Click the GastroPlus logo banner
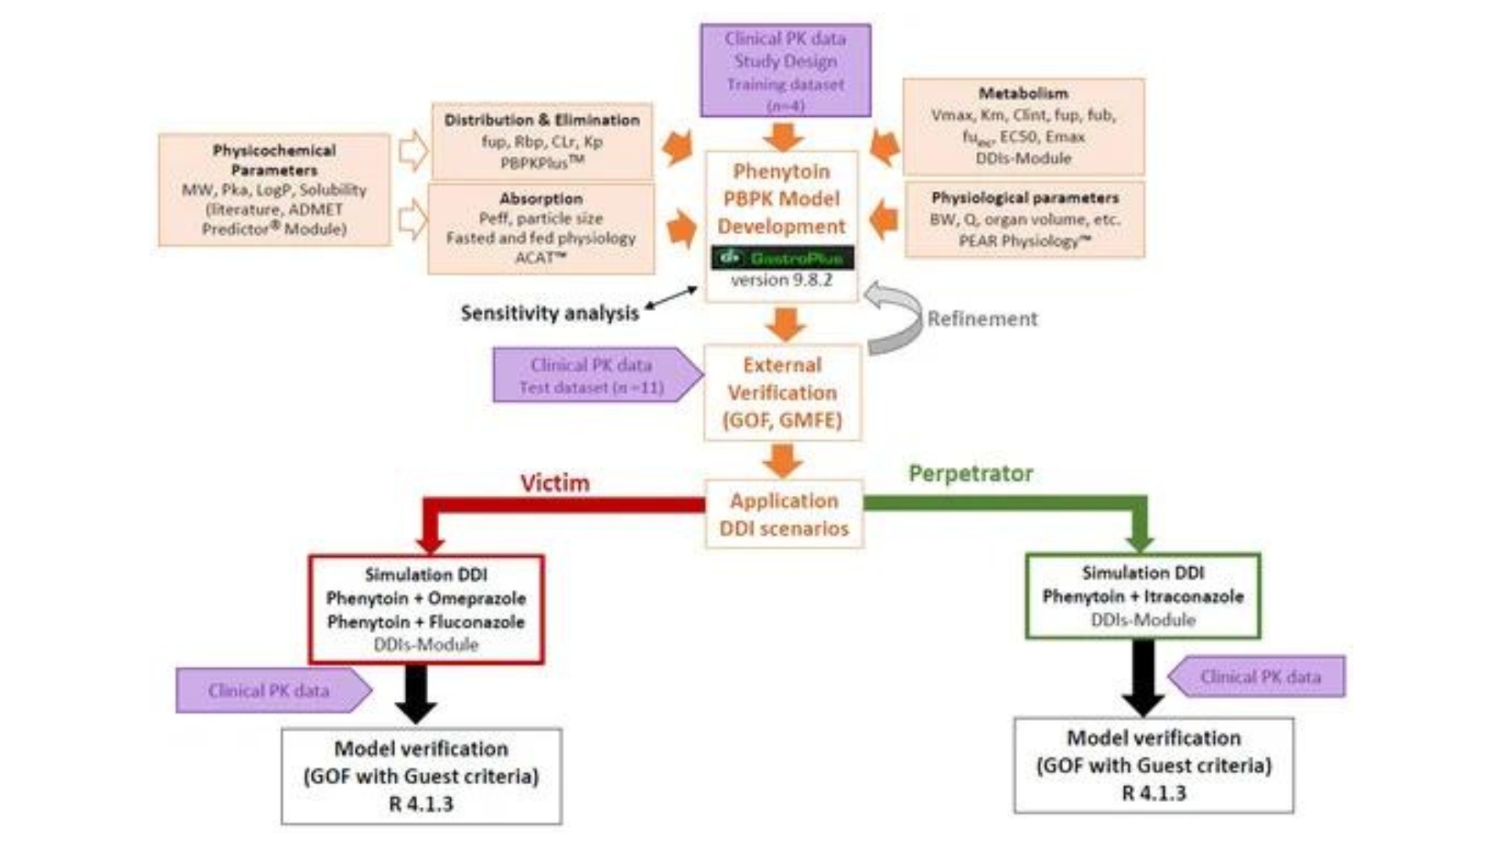tap(782, 258)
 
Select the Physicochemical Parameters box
tap(274, 190)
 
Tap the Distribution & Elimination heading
tap(542, 120)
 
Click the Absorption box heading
tap(541, 198)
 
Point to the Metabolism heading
tap(1023, 93)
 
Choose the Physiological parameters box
tap(1025, 219)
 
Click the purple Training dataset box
tap(785, 70)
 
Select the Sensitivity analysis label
tap(550, 313)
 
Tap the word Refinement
tap(982, 319)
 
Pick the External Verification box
tap(782, 392)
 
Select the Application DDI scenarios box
tap(784, 514)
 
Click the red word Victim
tap(555, 483)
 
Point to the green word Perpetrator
tap(971, 473)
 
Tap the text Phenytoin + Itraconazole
tap(1142, 597)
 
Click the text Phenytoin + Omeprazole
tap(426, 598)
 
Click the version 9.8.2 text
tap(781, 280)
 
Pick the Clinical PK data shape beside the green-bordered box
tap(1259, 677)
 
